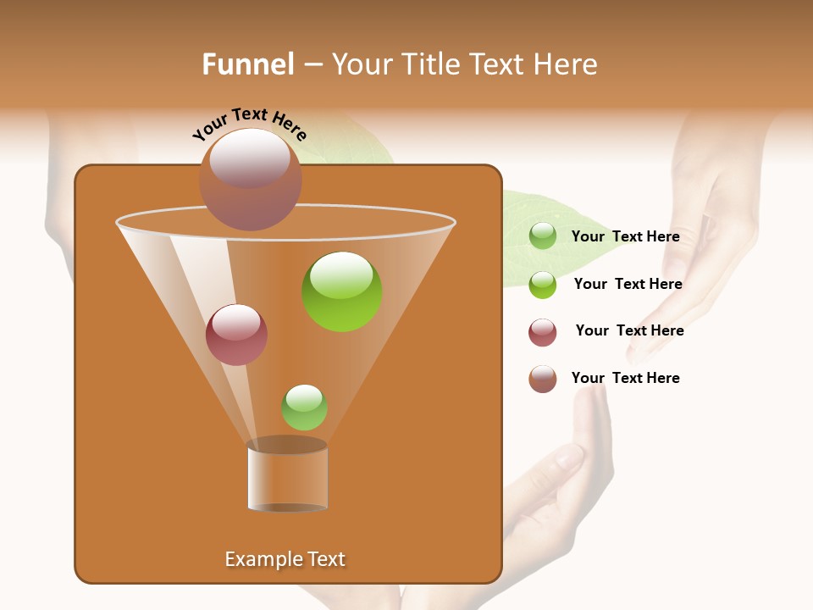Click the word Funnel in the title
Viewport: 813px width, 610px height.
pyautogui.click(x=248, y=64)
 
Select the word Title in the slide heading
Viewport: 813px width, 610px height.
pyautogui.click(x=430, y=64)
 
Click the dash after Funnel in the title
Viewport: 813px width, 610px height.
pyautogui.click(x=312, y=65)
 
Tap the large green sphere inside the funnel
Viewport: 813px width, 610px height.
pyautogui.click(x=341, y=292)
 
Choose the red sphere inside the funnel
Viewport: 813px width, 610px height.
pyautogui.click(x=236, y=335)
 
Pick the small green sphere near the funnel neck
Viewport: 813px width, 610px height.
pyautogui.click(x=304, y=408)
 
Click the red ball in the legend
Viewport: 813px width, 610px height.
pyautogui.click(x=543, y=332)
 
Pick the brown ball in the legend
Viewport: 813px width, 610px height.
pyautogui.click(x=543, y=379)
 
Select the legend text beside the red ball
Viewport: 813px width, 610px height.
pyautogui.click(x=629, y=330)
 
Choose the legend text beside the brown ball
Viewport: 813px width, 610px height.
pyautogui.click(x=625, y=378)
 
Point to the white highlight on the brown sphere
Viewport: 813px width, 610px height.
pyautogui.click(x=250, y=158)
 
